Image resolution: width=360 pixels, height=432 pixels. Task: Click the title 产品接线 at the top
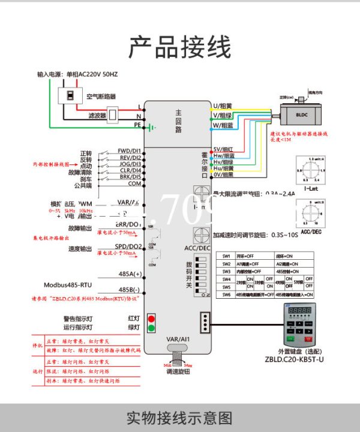(180, 46)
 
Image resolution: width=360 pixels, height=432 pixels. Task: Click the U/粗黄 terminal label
(222, 106)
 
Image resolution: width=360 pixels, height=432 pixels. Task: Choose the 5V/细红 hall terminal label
(223, 149)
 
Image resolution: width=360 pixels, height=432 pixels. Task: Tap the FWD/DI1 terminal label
(129, 151)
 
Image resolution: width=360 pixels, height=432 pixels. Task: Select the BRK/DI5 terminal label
(129, 177)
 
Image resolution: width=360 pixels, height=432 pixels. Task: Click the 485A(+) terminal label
(130, 274)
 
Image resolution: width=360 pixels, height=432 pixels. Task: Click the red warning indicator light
(151, 318)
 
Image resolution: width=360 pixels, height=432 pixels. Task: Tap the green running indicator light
(151, 328)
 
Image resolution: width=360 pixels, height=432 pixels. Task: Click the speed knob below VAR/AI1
(178, 354)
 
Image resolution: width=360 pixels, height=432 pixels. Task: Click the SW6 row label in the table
(226, 295)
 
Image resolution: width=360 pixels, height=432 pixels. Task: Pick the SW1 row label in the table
(226, 255)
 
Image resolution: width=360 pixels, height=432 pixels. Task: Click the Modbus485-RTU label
(67, 285)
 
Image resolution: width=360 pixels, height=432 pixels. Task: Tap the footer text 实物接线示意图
(180, 418)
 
